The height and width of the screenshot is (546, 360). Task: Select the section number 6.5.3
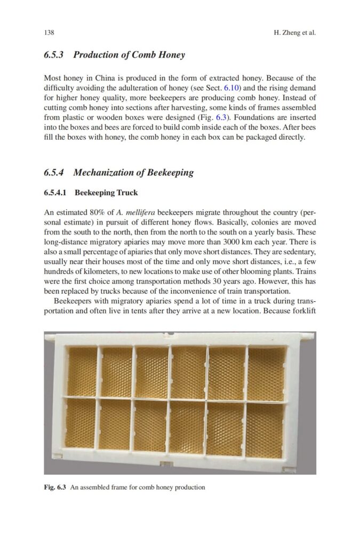click(54, 54)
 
